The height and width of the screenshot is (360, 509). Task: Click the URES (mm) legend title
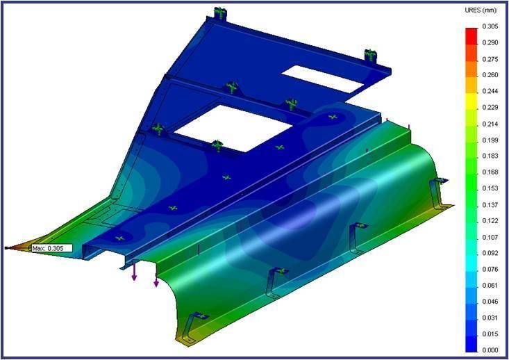click(x=480, y=12)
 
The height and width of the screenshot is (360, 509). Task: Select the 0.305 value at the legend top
click(x=490, y=27)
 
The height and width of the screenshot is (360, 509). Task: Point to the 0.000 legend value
click(x=490, y=350)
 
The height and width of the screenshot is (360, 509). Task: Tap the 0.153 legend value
click(x=490, y=188)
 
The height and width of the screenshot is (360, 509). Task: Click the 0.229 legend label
click(x=490, y=107)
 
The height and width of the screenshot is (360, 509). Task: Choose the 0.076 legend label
click(x=490, y=269)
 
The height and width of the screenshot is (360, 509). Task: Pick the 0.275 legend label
click(x=490, y=59)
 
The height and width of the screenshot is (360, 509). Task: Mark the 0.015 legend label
click(x=490, y=334)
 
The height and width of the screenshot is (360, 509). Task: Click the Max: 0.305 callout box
click(x=51, y=248)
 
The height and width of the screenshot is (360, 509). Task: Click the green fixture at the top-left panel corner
click(x=221, y=12)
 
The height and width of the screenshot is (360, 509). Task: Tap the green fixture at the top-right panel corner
click(x=370, y=55)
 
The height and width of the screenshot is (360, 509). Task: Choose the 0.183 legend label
click(x=490, y=156)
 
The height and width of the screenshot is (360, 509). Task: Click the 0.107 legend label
click(x=490, y=237)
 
